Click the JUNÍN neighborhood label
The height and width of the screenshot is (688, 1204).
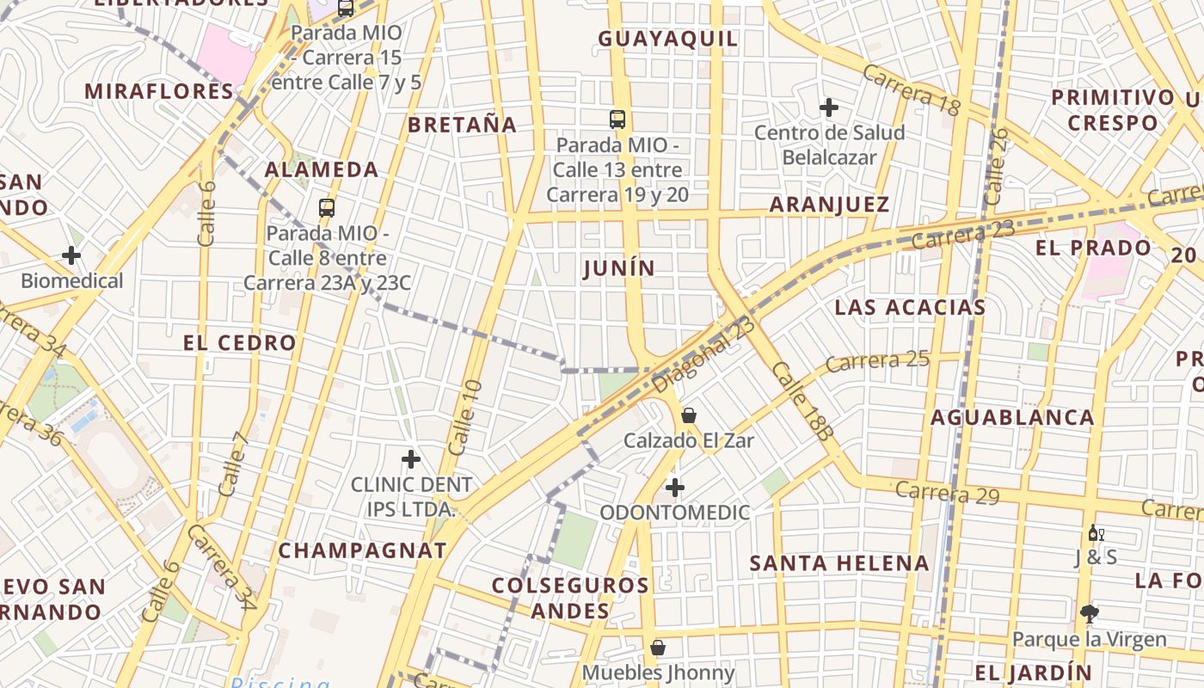coord(619,268)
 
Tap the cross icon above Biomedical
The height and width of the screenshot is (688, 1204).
coord(71,255)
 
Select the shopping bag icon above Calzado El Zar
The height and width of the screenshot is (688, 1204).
coord(689,415)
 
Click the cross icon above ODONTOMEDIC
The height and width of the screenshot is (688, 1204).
coord(675,488)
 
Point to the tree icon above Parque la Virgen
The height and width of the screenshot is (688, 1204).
coord(1090,613)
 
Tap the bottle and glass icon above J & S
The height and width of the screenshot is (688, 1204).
coord(1096,533)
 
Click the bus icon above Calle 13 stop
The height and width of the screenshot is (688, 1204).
coord(617,120)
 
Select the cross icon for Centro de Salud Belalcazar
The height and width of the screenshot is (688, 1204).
coord(829,107)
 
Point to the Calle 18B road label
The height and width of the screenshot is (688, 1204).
coord(802,401)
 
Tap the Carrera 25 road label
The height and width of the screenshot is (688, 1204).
coord(877,360)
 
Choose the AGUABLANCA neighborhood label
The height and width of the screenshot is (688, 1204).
coord(1012,418)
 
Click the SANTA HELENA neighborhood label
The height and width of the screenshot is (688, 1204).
coord(839,563)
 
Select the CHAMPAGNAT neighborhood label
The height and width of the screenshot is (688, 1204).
coord(363,550)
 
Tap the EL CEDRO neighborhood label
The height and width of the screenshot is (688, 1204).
coord(240,342)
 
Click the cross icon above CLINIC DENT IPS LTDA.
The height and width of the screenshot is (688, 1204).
coord(411,459)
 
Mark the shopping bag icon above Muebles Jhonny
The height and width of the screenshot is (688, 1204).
coord(658,648)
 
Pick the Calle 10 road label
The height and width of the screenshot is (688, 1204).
coord(465,417)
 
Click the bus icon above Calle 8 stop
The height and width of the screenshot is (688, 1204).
coord(327,207)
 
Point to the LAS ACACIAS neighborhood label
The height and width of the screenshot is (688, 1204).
coord(910,307)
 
